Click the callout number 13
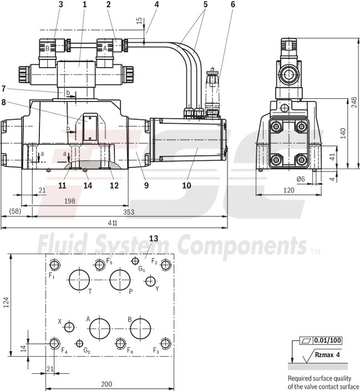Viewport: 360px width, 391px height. click(x=154, y=238)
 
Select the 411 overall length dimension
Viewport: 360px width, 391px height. click(x=113, y=223)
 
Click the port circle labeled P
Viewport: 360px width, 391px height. click(x=120, y=279)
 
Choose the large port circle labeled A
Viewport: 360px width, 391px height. click(x=100, y=328)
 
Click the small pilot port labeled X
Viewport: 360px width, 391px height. click(x=69, y=328)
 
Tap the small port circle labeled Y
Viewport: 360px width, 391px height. click(x=149, y=282)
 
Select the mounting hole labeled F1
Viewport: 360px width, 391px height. click(x=54, y=264)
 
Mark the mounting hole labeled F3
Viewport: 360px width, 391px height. click(x=164, y=343)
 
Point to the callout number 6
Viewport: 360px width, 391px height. click(x=233, y=4)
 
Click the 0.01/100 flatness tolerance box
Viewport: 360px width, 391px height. click(x=328, y=340)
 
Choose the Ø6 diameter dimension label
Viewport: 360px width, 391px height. click(x=301, y=178)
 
